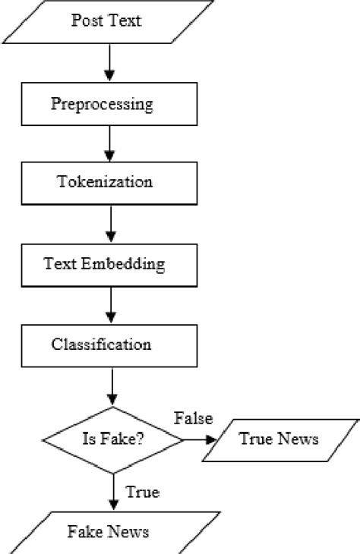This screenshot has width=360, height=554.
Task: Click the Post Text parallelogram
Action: point(106,20)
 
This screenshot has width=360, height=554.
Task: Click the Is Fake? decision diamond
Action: point(113,439)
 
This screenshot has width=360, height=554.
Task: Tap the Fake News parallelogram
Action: point(107,531)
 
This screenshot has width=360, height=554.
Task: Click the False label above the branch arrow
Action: point(194,418)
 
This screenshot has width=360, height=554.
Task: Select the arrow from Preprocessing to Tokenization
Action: point(111,143)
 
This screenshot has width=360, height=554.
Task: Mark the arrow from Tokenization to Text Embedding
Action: point(111,224)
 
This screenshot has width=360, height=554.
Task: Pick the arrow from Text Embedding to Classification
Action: point(111,305)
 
